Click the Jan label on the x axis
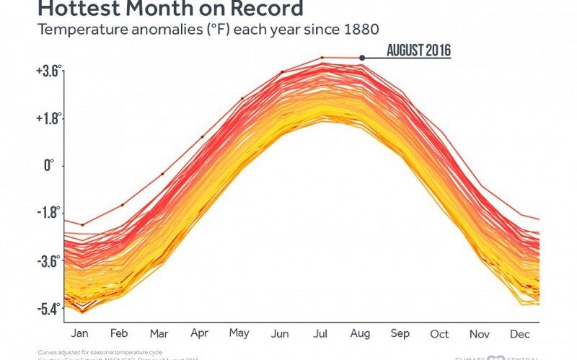point(81,333)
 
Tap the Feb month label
point(120,333)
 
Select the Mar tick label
point(160,333)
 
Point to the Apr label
point(200,333)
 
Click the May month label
point(239,333)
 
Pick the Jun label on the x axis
point(280,333)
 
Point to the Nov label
point(479,333)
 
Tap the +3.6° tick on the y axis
point(48,71)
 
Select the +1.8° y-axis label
point(48,118)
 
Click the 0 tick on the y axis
point(50,166)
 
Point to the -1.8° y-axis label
point(49,214)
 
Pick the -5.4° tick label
point(49,309)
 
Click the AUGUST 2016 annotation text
point(418,51)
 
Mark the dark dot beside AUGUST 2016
point(363,58)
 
